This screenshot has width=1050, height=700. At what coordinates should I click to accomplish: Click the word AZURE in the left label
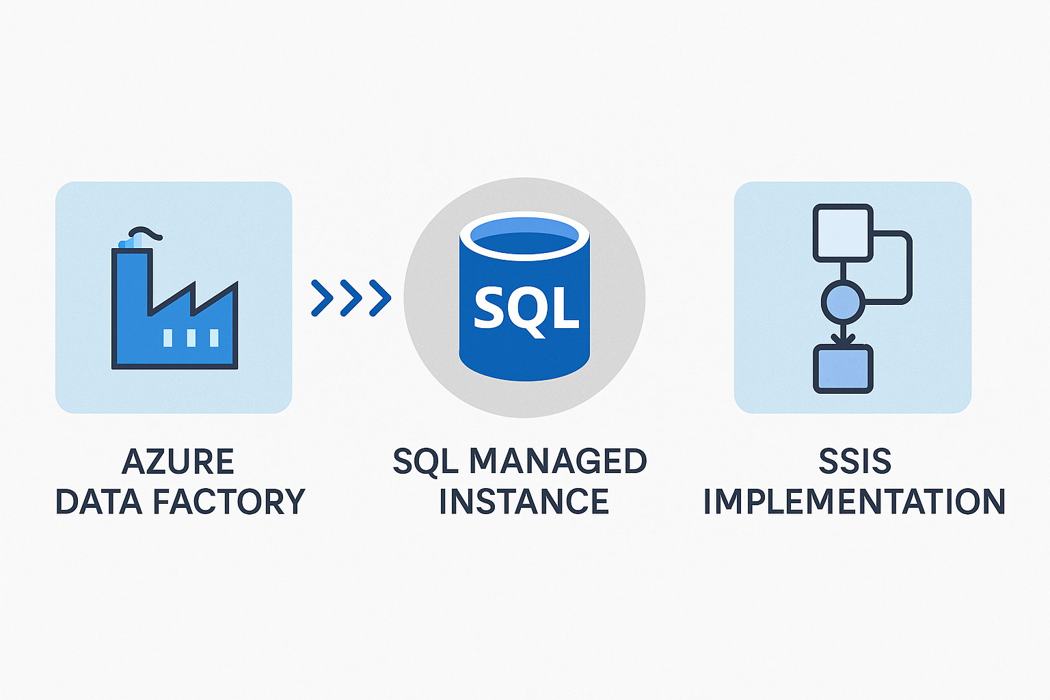(178, 462)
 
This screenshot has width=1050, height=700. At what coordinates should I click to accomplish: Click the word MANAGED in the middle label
(557, 462)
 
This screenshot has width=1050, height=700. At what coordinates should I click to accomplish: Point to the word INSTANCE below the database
(524, 502)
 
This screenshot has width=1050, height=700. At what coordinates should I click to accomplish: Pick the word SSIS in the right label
(854, 462)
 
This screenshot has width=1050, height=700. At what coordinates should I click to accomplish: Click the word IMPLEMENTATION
(854, 502)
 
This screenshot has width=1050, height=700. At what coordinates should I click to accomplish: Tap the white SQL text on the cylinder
(525, 308)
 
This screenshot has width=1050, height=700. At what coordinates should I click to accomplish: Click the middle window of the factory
(191, 338)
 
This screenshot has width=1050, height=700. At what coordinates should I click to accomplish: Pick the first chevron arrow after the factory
(322, 298)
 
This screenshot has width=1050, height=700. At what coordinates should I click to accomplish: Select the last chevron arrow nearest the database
(380, 298)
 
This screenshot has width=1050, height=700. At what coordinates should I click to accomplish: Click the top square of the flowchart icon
(843, 233)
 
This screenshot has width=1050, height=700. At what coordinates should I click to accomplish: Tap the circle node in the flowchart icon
(842, 301)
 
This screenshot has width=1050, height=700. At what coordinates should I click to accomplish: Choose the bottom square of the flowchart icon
(843, 369)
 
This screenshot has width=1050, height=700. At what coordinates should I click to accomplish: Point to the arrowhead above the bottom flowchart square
(843, 338)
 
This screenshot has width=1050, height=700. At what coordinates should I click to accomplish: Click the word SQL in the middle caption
(425, 462)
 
